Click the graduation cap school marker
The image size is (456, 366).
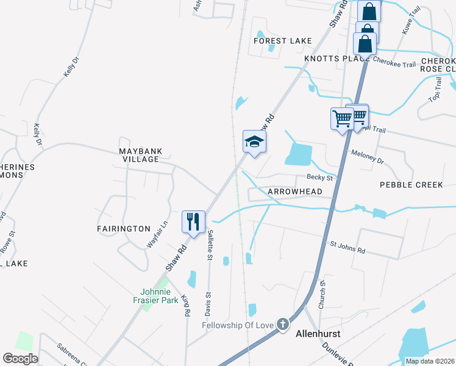pos(254,142)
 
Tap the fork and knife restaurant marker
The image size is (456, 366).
pos(194,222)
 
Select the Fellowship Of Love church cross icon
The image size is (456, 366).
pos(282,325)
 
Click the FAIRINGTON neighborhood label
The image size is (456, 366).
pos(123,229)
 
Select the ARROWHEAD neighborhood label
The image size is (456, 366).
pos(294,192)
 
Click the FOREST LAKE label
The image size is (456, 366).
pos(283,41)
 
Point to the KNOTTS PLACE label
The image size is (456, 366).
pos(337,58)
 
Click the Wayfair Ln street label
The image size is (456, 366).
pos(157,234)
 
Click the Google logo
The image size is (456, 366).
pos(20,359)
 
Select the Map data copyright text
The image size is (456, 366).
pos(429,361)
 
